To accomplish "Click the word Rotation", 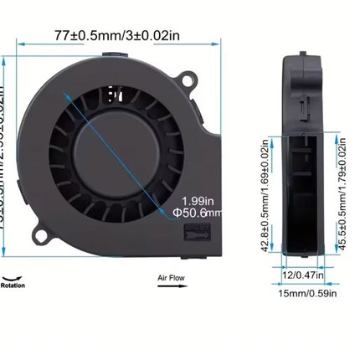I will (x=13, y=285).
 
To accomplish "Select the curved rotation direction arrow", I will (x=13, y=276).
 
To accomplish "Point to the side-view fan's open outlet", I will (x=299, y=193).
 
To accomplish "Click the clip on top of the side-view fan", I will (x=302, y=57).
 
